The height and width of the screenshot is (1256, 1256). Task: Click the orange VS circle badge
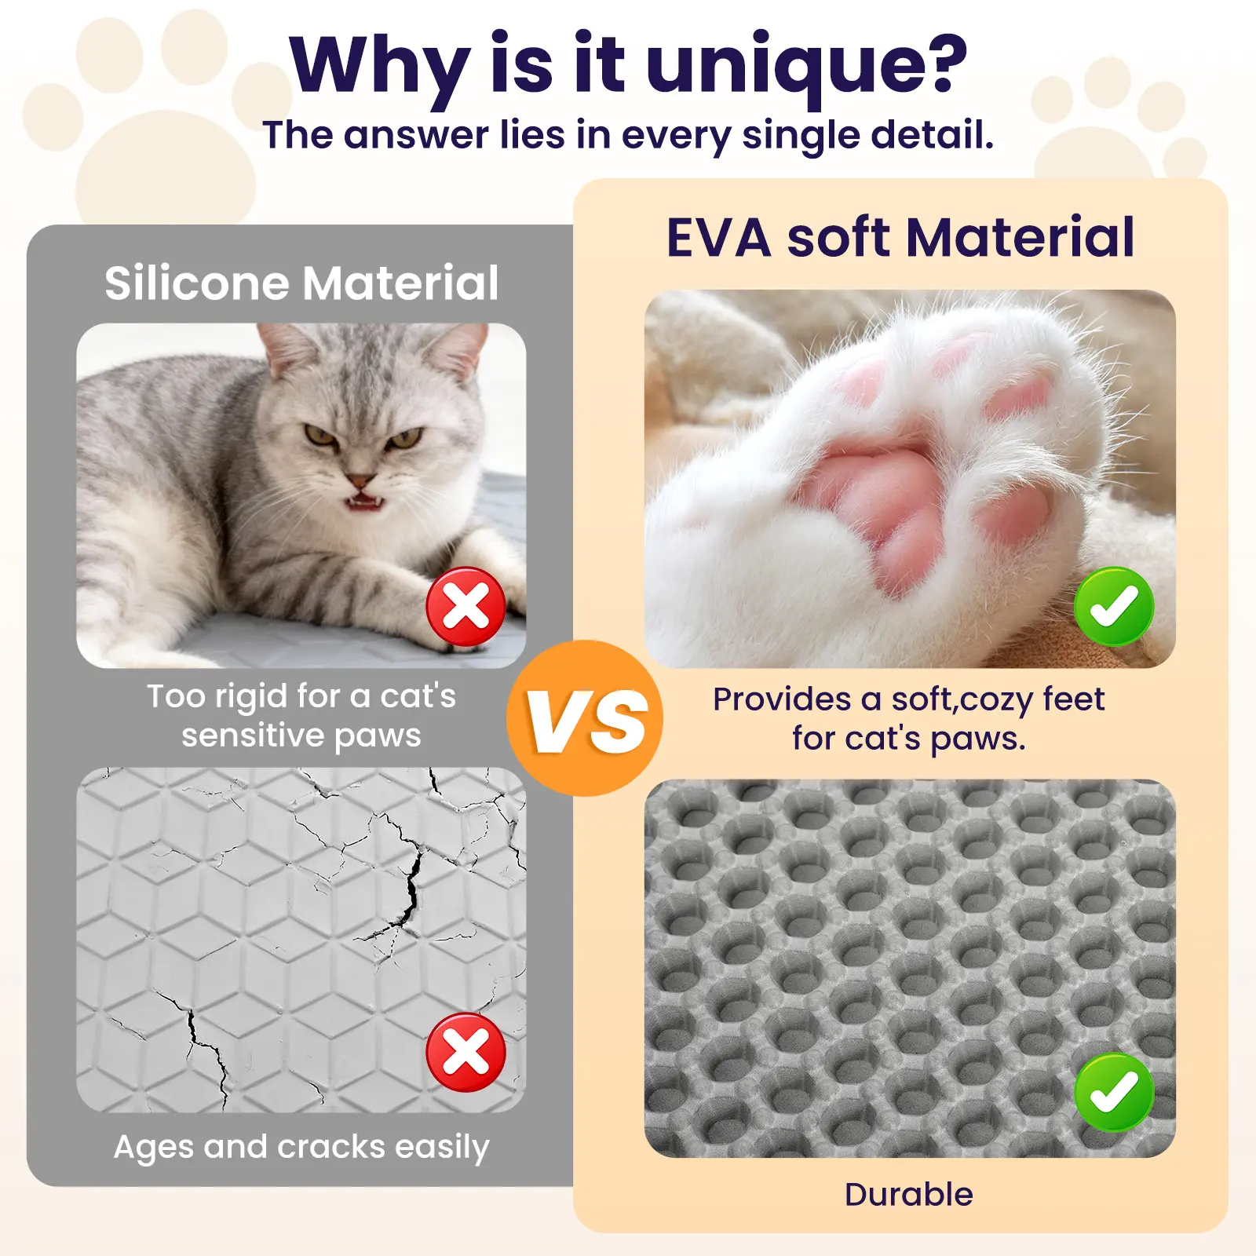point(584,718)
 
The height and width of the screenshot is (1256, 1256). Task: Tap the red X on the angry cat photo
point(466,607)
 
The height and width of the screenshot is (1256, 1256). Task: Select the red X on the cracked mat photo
point(466,1053)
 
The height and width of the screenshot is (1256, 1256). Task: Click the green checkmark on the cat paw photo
point(1114,607)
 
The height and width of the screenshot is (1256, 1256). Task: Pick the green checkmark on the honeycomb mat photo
point(1114,1092)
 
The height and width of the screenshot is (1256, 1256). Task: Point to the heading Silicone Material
point(301,283)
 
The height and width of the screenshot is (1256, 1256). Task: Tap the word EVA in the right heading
point(718,237)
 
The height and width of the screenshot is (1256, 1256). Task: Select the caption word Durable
point(909,1195)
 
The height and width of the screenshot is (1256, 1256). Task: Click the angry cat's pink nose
point(360,480)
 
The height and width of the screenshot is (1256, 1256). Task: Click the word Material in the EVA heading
point(1020,237)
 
